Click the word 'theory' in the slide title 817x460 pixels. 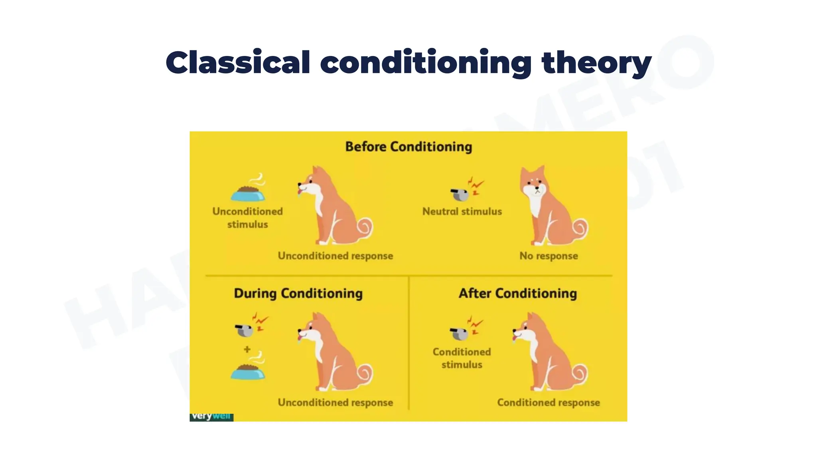(596, 63)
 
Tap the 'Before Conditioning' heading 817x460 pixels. (408, 147)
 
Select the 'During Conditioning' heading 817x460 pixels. (298, 293)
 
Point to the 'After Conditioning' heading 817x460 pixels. (518, 293)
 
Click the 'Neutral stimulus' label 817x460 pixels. (462, 212)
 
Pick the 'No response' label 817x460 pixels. (549, 256)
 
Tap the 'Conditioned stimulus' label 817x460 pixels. (462, 358)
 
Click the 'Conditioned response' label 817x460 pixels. (549, 402)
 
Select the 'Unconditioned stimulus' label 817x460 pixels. (247, 218)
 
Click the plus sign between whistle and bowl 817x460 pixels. (247, 349)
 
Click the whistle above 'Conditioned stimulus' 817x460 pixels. (459, 333)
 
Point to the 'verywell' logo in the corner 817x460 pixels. (211, 416)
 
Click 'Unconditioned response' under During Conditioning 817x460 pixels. (335, 402)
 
